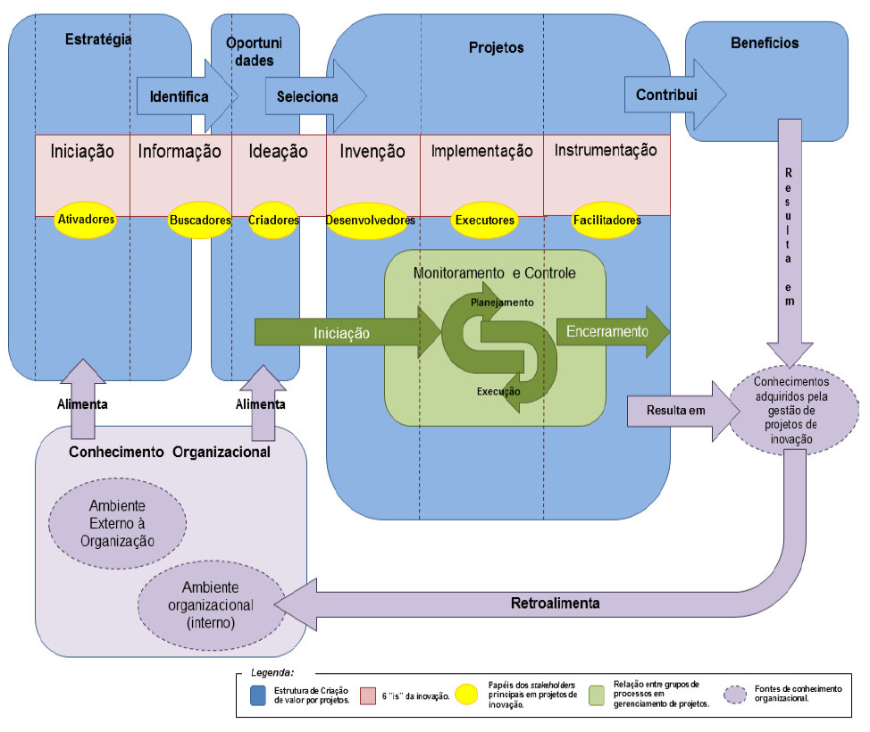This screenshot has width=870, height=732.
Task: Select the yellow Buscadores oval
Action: tap(199, 220)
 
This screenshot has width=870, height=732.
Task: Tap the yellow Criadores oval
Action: tap(273, 220)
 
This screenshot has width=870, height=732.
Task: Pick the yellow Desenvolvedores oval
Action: tap(371, 220)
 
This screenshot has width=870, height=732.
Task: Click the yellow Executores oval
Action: tap(484, 220)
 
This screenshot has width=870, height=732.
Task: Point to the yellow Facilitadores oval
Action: tap(606, 220)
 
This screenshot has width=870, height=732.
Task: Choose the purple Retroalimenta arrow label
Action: tap(555, 603)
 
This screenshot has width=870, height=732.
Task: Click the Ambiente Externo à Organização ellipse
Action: tap(116, 523)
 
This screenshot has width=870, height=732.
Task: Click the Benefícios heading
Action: tap(764, 42)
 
